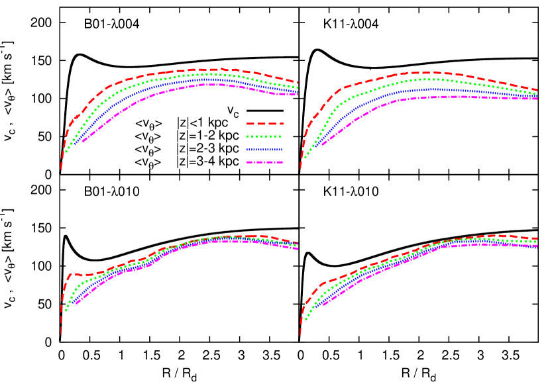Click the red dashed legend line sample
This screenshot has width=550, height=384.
pos(264,124)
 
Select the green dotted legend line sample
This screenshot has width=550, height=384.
pos(264,136)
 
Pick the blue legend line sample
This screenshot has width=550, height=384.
pos(264,150)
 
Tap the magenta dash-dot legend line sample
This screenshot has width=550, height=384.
pos(264,162)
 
